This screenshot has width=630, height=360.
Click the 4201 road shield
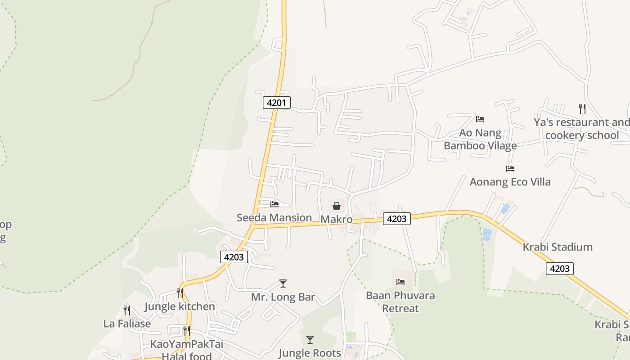[x=276, y=103]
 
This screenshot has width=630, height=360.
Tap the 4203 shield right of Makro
[x=397, y=219]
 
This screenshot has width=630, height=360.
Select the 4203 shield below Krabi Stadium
[x=560, y=269]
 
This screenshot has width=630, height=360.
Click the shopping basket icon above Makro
[x=336, y=206]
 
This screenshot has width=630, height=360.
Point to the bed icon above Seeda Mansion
[x=274, y=204]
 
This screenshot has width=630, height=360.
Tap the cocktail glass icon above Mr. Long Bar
[x=283, y=283]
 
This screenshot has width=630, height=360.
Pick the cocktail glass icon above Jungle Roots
[x=310, y=340]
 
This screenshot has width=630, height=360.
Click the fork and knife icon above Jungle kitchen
[x=180, y=293]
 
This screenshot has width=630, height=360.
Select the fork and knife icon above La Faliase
[x=127, y=310]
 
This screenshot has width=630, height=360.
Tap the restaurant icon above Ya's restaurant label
[x=582, y=108]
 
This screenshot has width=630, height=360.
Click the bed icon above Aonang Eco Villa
[x=510, y=169]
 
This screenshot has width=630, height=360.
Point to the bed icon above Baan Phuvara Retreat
[x=400, y=282]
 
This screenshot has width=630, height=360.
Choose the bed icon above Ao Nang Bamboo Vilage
[x=480, y=119]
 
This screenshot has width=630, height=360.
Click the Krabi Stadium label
[x=558, y=247]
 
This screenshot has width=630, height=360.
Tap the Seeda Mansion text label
[x=274, y=218]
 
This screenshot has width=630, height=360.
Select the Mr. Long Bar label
[x=283, y=297]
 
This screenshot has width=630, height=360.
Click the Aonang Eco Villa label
[x=510, y=182]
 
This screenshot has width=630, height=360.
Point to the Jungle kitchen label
[x=180, y=307]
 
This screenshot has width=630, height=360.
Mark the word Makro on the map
[x=336, y=220]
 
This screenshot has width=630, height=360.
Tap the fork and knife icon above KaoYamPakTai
[x=186, y=331]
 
